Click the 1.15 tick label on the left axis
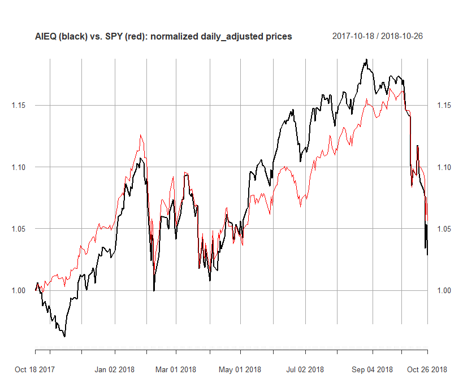19,106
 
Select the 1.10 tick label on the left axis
19,167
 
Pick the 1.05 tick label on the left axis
19,229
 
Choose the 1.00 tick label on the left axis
19,290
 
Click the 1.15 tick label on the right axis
444,106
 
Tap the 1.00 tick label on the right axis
444,290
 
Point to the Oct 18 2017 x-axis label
35,370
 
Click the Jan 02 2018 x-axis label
114,370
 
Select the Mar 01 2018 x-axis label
176,370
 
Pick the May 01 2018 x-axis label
240,370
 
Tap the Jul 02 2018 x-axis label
305,370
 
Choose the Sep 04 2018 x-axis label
372,370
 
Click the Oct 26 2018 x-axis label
427,370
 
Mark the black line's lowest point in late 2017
64,337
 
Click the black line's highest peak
366,59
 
